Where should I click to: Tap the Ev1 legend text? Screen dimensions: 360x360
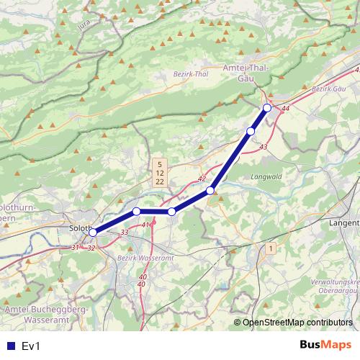[x=30, y=346]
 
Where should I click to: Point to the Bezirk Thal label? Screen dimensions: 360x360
[x=190, y=74]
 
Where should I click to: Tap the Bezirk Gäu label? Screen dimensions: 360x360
[x=330, y=88]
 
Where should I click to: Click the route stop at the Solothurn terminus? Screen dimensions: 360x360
[x=93, y=233]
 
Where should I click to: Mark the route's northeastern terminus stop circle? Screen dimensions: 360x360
[x=267, y=108]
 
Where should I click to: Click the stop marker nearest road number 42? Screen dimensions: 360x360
[x=210, y=190]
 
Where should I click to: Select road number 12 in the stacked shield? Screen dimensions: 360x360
[x=159, y=174]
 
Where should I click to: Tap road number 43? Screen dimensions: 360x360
[x=263, y=147]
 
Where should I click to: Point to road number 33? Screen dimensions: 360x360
[x=125, y=232]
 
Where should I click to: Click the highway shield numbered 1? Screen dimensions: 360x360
[x=270, y=248]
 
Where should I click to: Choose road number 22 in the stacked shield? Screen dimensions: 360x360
[x=159, y=182]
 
